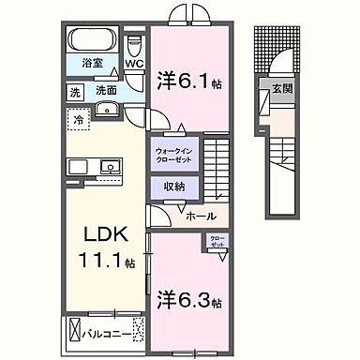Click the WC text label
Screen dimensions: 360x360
pos(133,64)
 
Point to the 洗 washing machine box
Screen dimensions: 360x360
pos(73,92)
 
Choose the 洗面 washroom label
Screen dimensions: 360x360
pos(105,92)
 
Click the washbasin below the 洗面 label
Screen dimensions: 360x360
pos(105,107)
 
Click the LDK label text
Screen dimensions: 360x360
pos(105,232)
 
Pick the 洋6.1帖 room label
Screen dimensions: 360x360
pos(191,81)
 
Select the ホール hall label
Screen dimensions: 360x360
pos(200,217)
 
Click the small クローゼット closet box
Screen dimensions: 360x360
pos(217,242)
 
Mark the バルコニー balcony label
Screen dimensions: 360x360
pos(101,332)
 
